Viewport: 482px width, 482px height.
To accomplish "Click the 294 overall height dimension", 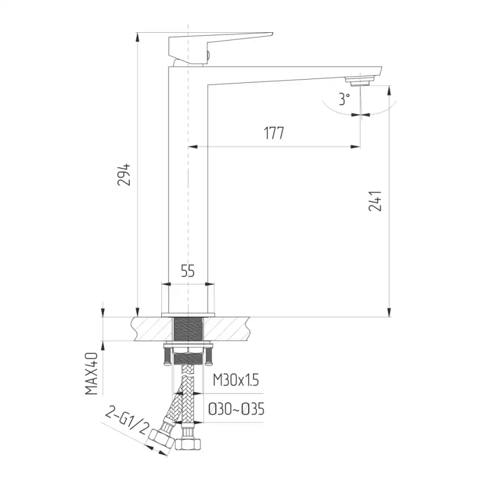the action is [124, 175].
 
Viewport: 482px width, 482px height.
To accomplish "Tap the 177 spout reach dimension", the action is [274, 133].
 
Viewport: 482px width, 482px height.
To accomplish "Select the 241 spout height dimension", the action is [375, 201].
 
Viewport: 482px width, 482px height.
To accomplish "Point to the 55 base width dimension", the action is [188, 271].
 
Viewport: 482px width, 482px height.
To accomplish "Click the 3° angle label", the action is [345, 99].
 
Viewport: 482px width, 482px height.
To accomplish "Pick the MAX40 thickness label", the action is [92, 373].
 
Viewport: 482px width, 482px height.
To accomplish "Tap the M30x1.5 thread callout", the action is [236, 380].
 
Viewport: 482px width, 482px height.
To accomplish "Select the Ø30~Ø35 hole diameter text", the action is [236, 409].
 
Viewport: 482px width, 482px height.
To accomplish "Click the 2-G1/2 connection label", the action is [127, 420].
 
